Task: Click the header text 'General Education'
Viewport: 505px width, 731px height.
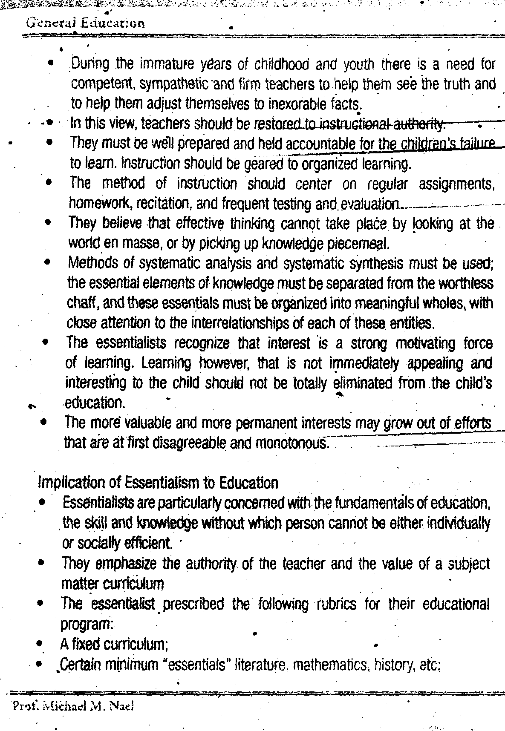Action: tap(85, 23)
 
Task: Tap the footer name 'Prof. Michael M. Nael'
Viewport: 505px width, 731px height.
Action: tap(73, 706)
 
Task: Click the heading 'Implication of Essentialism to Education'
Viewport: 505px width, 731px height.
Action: tap(158, 483)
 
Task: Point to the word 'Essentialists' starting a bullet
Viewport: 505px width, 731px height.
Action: tap(98, 503)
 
